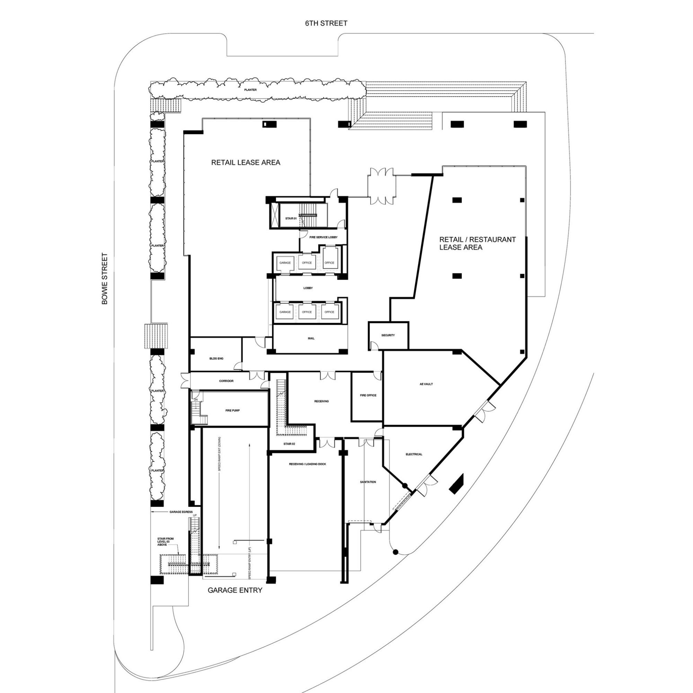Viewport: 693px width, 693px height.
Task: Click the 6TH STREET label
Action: [326, 23]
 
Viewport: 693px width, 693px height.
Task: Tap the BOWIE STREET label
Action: [105, 279]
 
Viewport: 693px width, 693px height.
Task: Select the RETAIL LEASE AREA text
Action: [246, 163]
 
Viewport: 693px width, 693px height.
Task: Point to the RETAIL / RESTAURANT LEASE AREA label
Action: [477, 243]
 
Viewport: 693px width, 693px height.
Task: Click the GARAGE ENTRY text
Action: [235, 590]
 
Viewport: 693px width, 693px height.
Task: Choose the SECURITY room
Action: [388, 335]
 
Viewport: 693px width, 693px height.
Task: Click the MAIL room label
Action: [311, 338]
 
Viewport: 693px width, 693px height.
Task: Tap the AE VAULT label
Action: [426, 384]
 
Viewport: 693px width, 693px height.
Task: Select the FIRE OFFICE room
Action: [368, 395]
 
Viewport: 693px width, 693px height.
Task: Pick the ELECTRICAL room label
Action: [414, 454]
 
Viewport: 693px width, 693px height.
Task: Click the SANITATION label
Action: [368, 482]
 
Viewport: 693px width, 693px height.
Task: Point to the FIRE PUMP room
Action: [233, 410]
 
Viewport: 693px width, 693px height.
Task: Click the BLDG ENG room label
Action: [217, 358]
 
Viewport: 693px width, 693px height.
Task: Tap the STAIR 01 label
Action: [291, 218]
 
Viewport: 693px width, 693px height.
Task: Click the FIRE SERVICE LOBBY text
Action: [324, 237]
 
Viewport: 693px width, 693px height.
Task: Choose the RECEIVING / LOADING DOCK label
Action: [307, 464]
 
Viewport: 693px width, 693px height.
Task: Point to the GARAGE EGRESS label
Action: [181, 512]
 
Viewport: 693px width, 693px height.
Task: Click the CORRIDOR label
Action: [226, 381]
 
